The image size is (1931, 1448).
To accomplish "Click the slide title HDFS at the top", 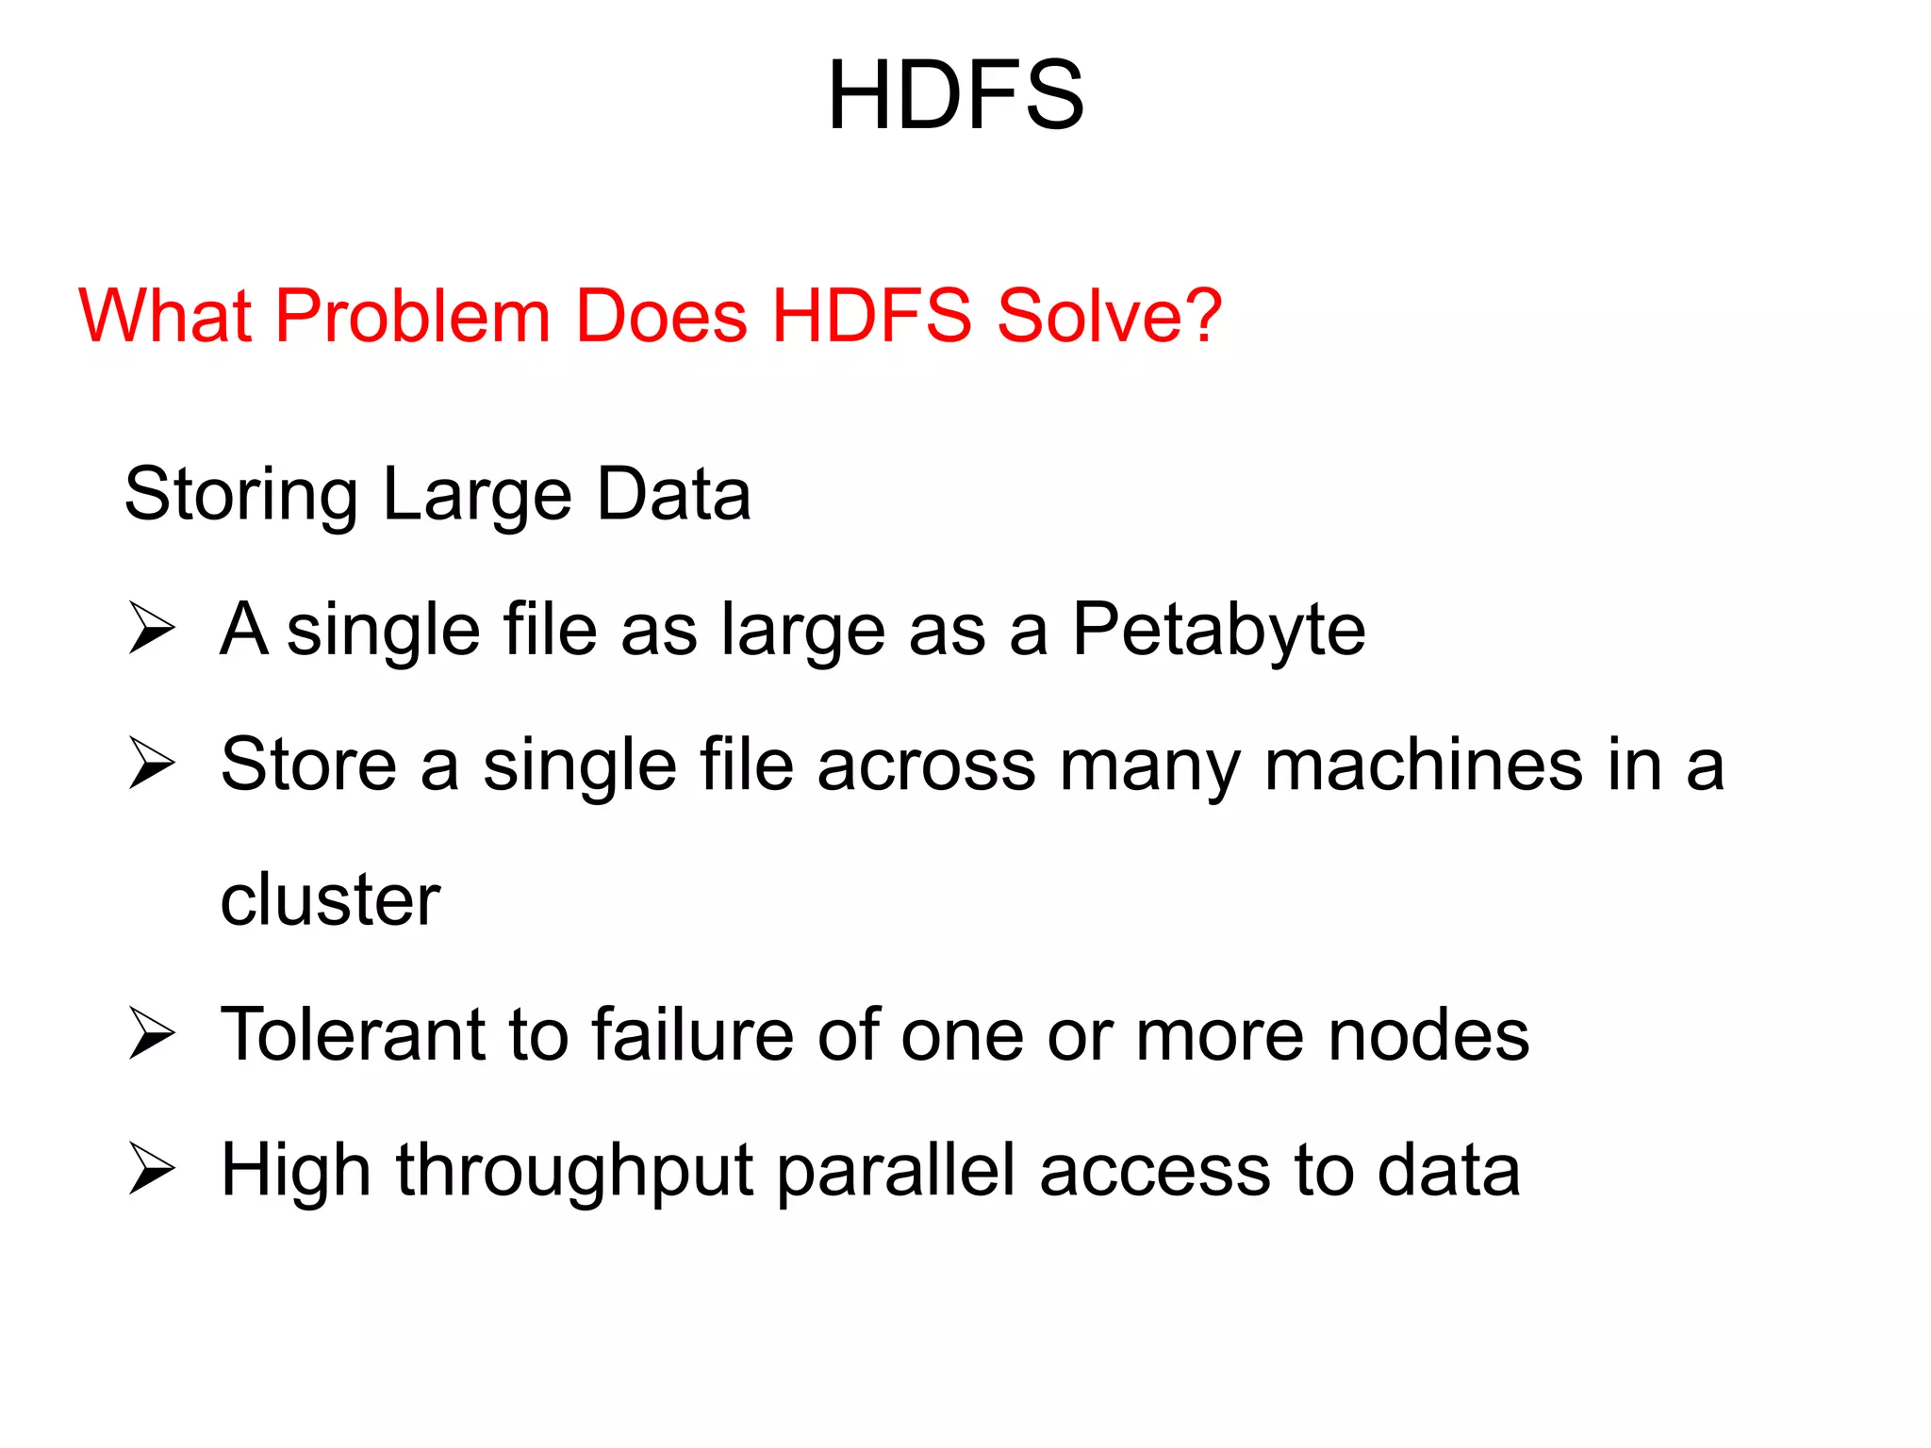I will click(955, 95).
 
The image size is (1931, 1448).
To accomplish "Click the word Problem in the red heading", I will click(412, 316).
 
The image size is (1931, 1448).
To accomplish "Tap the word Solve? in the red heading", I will click(1109, 316).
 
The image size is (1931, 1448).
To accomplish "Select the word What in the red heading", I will click(164, 316).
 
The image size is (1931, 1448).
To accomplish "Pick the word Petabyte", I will click(1218, 630).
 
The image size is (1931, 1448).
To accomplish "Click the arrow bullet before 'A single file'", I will click(152, 628).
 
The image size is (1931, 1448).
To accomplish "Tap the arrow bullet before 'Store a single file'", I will click(152, 763).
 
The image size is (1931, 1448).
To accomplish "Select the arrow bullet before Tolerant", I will click(152, 1033).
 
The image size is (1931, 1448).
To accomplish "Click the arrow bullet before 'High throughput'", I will click(152, 1169).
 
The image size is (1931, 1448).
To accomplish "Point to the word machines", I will click(1423, 765).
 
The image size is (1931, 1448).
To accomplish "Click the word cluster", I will click(330, 900).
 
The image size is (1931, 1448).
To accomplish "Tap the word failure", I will click(692, 1035).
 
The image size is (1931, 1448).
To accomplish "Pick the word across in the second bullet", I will click(926, 766).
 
